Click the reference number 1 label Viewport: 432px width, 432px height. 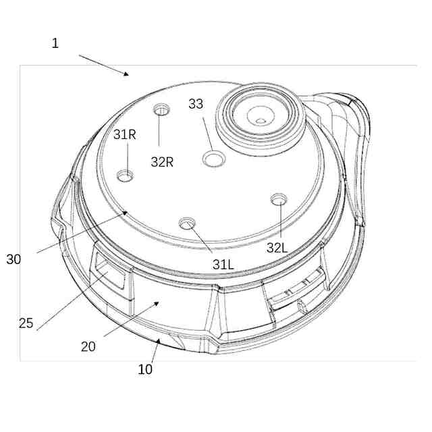[55, 43]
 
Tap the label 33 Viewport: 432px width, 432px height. [196, 104]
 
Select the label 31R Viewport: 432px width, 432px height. [125, 135]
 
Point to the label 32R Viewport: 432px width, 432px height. [162, 162]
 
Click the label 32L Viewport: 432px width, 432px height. [277, 248]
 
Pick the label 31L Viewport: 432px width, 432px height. [223, 265]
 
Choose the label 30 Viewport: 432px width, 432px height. [13, 259]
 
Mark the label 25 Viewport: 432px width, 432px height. [26, 323]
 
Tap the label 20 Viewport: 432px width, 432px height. [88, 346]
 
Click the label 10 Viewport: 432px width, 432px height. [145, 369]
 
